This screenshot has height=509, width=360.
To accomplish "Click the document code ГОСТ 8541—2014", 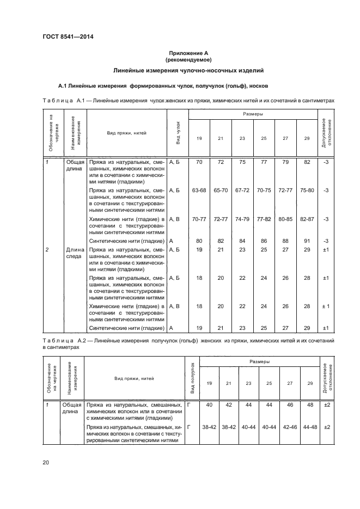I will pyautogui.click(x=64, y=35).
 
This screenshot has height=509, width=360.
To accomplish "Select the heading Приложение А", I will pyautogui.click(x=188, y=53).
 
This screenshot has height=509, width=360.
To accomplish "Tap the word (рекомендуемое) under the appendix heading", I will pyautogui.click(x=188, y=59).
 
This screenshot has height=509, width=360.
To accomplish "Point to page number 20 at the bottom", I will pyautogui.click(x=46, y=462).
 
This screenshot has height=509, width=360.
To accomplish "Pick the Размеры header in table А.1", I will pyautogui.click(x=253, y=114).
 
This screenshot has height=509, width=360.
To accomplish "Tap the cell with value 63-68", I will pyautogui.click(x=199, y=191).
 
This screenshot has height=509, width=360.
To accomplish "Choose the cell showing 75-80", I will pyautogui.click(x=307, y=191).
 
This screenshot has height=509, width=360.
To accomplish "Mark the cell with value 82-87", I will pyautogui.click(x=307, y=219).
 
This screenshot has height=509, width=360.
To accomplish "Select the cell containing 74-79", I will pyautogui.click(x=242, y=219).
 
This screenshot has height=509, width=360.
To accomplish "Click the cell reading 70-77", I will pyautogui.click(x=199, y=219).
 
